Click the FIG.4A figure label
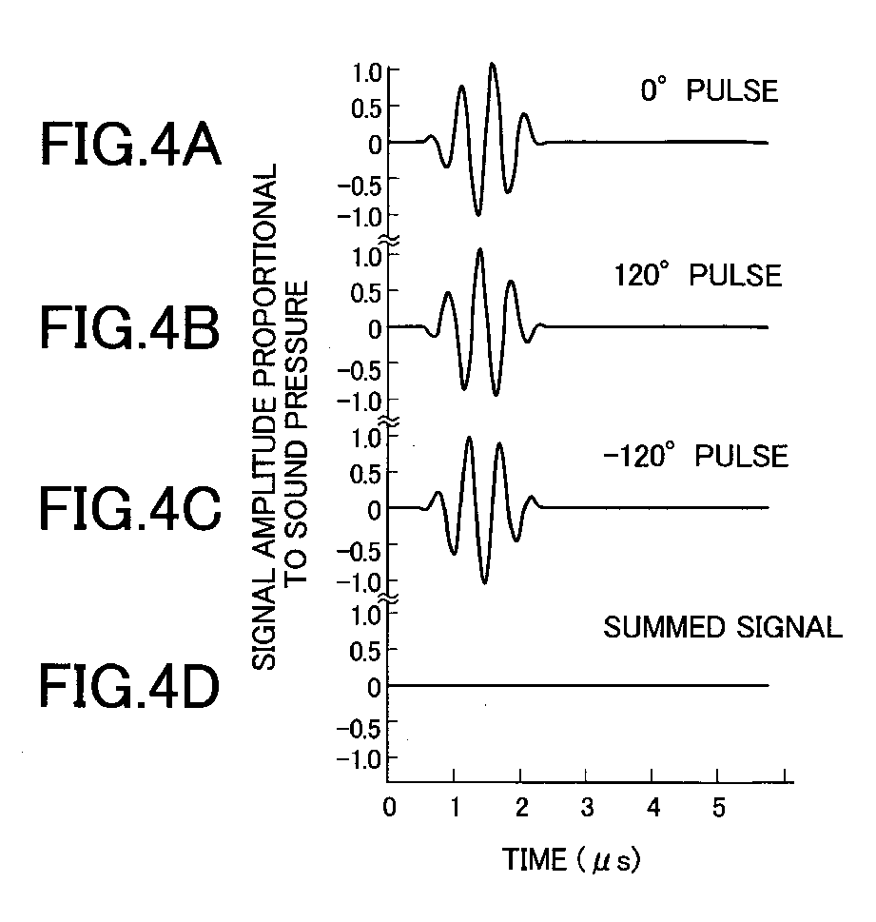pos(131,147)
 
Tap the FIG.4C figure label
pos(131,507)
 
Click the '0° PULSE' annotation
pos(709,92)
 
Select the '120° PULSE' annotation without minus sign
pos(697,276)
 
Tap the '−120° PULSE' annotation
pos(695,457)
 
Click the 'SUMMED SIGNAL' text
pos(723,627)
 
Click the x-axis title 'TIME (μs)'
pos(571,861)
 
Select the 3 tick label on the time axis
pos(587,809)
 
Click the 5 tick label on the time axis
pos(719,809)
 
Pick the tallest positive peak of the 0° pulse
pos(493,65)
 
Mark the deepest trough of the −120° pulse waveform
pos(485,581)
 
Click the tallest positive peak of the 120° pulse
pos(480,250)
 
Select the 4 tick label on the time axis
pos(652,809)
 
